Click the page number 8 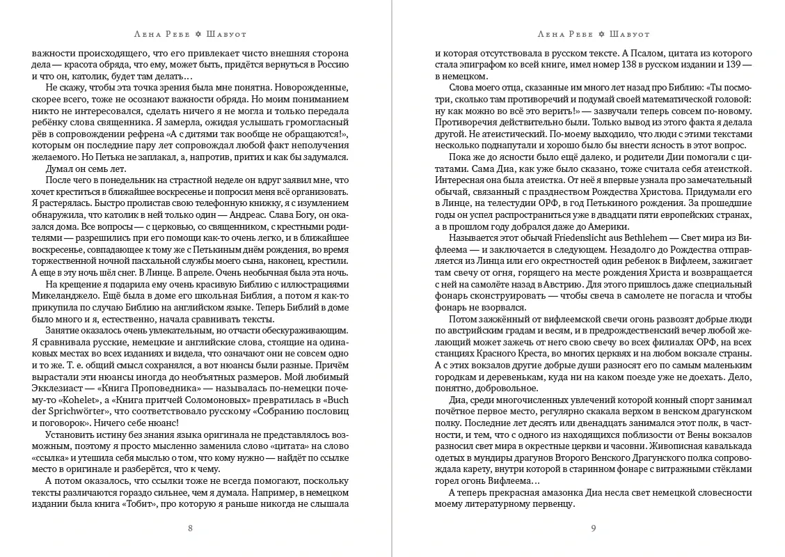click(x=191, y=528)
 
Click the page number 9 click(x=594, y=528)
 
